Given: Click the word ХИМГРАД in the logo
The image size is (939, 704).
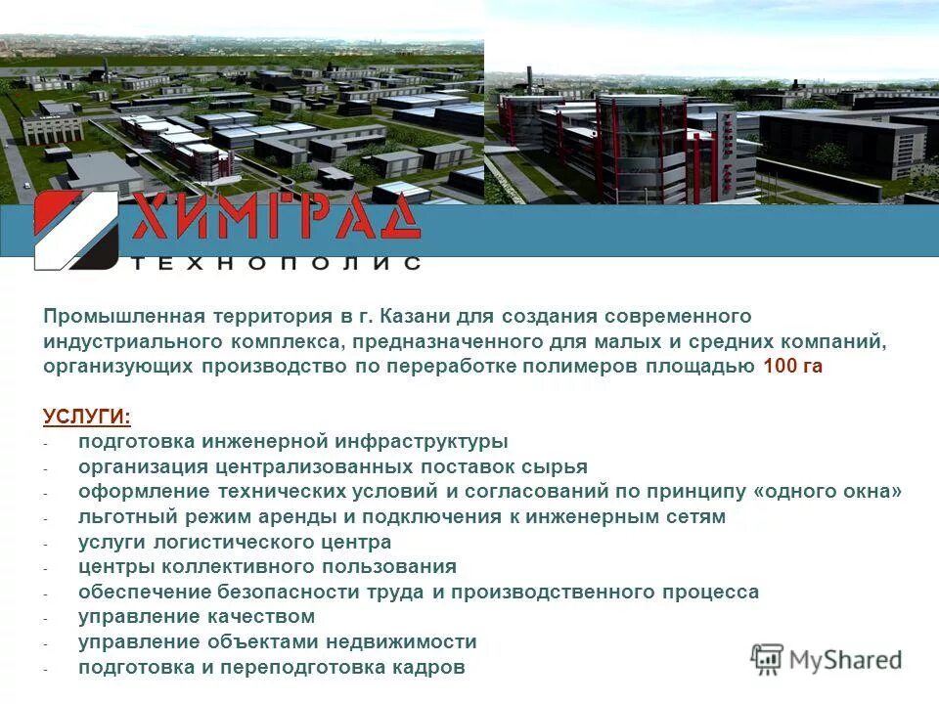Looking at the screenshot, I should [x=277, y=217].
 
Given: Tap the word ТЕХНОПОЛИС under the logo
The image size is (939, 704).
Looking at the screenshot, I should [x=277, y=263].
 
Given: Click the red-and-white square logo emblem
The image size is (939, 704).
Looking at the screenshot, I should [x=76, y=230].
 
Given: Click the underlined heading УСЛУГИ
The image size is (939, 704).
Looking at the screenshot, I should [x=87, y=417].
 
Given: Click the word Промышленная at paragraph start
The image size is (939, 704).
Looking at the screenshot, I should [x=123, y=316].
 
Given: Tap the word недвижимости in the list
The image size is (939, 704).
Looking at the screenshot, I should [x=401, y=642].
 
